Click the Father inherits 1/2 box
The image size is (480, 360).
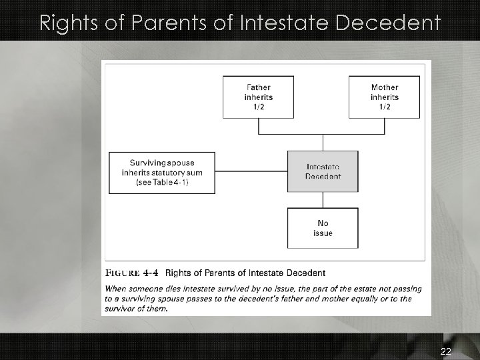258,97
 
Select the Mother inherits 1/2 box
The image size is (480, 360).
384,97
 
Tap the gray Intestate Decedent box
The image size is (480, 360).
323,171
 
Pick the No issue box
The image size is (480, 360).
323,228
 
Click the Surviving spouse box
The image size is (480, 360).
162,173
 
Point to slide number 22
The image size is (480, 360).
445,351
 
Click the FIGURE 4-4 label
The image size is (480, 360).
132,273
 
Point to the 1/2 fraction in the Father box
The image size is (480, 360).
258,106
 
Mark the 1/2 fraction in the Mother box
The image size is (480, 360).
385,106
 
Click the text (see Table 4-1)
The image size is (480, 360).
162,183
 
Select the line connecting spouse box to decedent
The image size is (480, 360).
251,171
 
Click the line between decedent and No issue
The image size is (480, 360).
323,200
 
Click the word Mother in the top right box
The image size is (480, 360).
385,87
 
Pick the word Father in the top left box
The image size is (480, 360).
259,87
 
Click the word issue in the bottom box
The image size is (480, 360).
323,233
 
